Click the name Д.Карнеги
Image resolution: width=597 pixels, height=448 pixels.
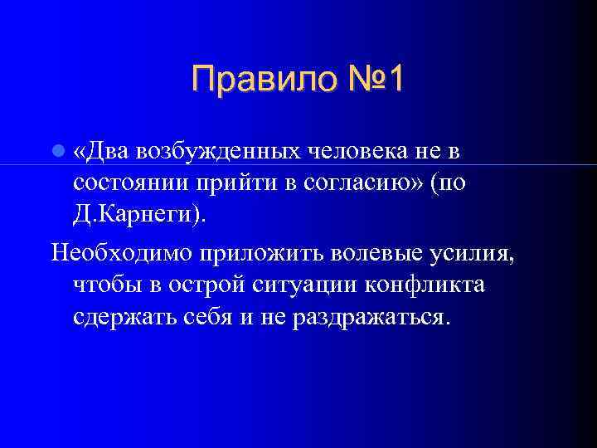click(x=133, y=215)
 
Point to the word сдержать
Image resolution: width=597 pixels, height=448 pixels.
click(x=121, y=317)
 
